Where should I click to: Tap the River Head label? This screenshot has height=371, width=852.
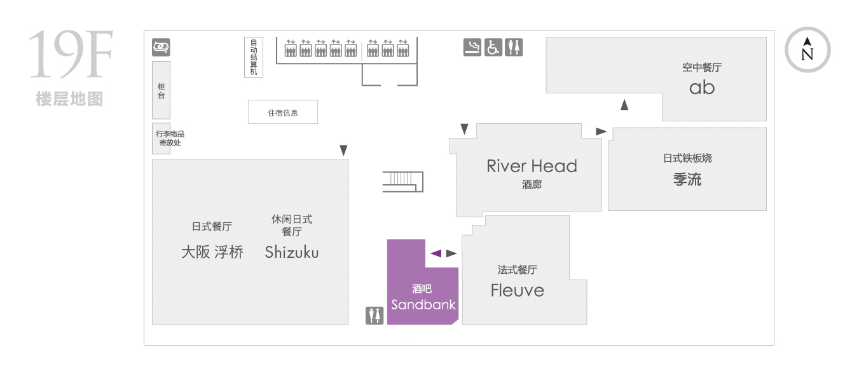[x=532, y=166]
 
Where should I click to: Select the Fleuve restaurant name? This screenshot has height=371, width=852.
[x=518, y=290]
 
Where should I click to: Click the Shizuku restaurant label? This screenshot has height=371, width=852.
[x=291, y=252]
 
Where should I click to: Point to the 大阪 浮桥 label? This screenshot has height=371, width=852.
[x=212, y=252]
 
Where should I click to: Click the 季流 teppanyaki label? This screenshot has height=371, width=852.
[x=687, y=179]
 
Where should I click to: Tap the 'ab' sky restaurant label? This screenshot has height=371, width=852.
[x=702, y=88]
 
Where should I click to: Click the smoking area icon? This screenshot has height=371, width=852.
[x=472, y=48]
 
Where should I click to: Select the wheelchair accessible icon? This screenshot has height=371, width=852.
[x=493, y=48]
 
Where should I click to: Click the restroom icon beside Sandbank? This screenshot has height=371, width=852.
[x=374, y=316]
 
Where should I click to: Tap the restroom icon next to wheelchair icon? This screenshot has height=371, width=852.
[x=514, y=48]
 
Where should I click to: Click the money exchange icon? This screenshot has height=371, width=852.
[x=161, y=47]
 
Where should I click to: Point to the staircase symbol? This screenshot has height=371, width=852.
[x=403, y=182]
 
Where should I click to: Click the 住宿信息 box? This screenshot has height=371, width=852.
[x=282, y=112]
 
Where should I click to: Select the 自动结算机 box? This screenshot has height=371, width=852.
[x=253, y=57]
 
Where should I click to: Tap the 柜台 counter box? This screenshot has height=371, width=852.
[x=161, y=90]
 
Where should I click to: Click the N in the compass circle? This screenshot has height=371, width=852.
[x=807, y=55]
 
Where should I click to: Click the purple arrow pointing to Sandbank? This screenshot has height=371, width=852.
[x=436, y=253]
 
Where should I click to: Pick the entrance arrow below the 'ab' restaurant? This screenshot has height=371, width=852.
[x=624, y=105]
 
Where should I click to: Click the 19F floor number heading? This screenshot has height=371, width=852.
[x=71, y=55]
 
